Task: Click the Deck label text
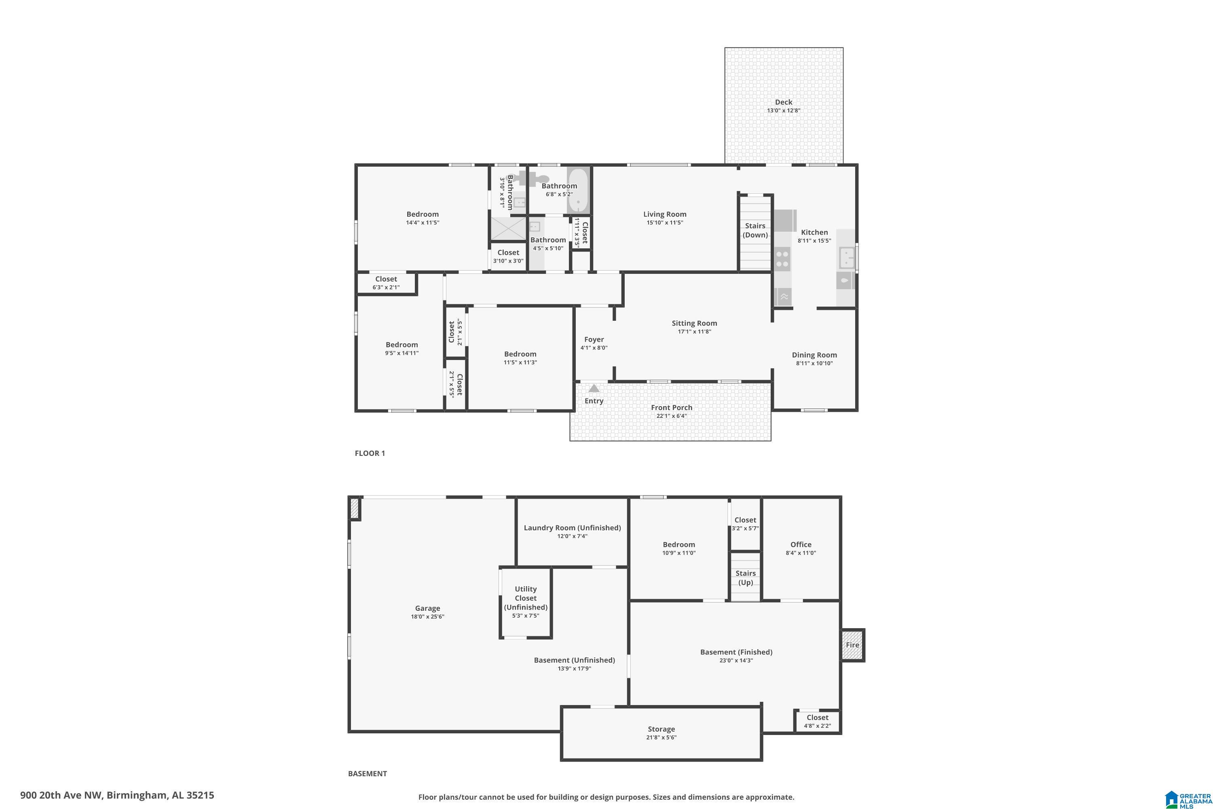(x=784, y=102)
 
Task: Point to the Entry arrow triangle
(x=594, y=388)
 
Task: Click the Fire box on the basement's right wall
(x=852, y=645)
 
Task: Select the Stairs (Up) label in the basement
(x=746, y=578)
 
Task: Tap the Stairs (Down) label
(x=755, y=230)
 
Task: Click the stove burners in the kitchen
(x=782, y=258)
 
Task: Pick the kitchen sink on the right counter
(x=846, y=258)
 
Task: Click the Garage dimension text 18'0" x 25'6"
(x=427, y=616)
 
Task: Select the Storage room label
(x=661, y=729)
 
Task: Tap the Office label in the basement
(x=801, y=544)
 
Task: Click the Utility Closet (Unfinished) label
(x=526, y=598)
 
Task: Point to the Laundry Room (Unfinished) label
(x=573, y=528)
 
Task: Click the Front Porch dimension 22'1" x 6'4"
(x=672, y=416)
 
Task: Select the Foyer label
(x=594, y=339)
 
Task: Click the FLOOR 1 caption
(x=370, y=453)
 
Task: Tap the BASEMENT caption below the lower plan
(x=367, y=773)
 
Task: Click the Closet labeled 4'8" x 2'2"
(x=818, y=721)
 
